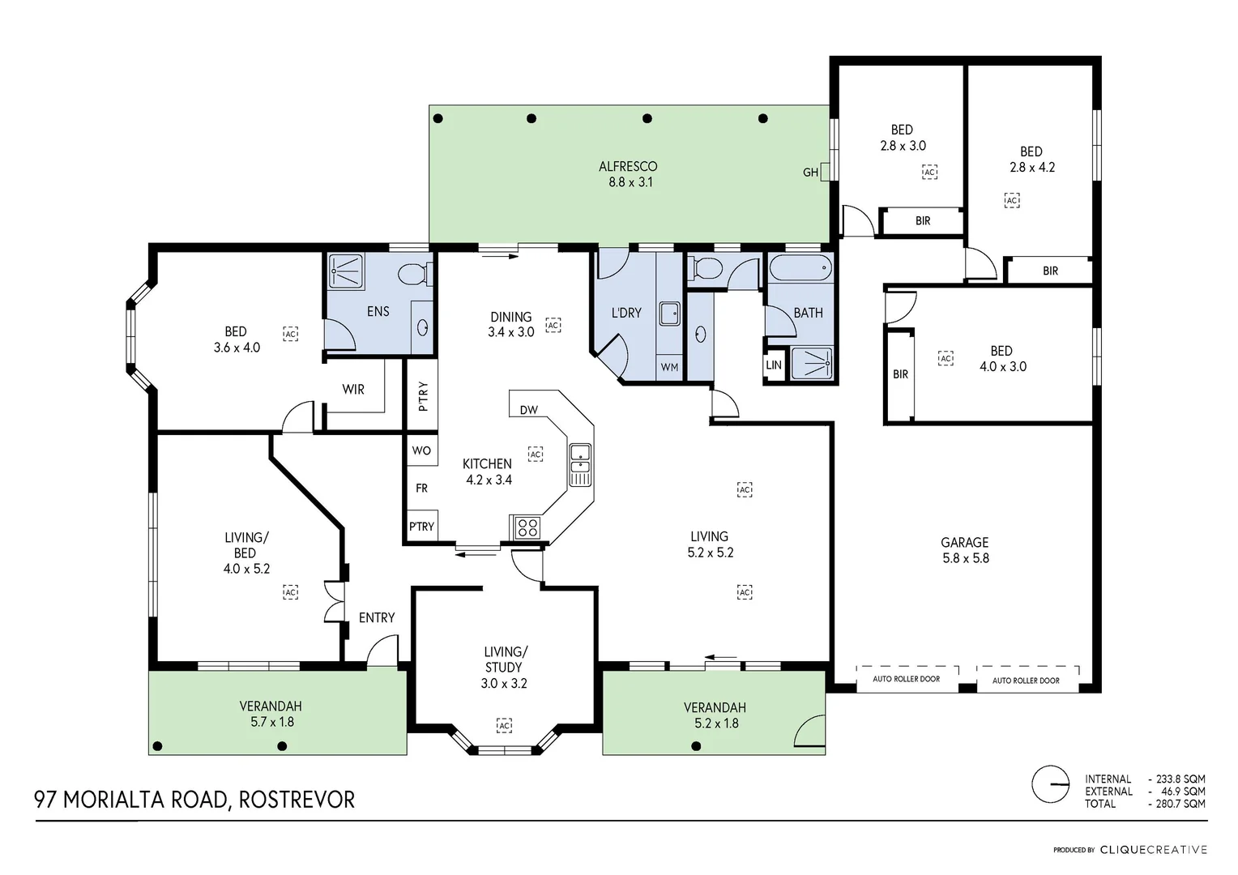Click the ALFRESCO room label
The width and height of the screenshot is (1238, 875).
coord(628,173)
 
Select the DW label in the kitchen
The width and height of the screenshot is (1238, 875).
coord(528,410)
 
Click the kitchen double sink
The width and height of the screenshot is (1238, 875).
coord(579,465)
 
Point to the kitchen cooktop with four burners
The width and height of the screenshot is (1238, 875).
coord(527,527)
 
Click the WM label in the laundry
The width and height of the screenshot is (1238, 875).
coord(669,367)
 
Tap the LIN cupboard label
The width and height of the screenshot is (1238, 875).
coord(774,365)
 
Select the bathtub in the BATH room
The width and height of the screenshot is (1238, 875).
coord(800,267)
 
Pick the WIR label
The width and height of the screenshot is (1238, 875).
coord(353,390)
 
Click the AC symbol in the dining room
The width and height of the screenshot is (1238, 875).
coord(553,325)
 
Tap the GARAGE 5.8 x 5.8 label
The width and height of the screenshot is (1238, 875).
coord(965,550)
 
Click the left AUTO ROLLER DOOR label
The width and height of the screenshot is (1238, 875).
coord(906,679)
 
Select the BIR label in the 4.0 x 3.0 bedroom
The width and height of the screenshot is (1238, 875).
coord(900,374)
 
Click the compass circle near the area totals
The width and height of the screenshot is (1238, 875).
coord(1050,784)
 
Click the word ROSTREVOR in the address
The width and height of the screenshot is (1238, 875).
coord(297,800)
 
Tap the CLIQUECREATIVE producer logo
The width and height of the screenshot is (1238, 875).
coord(1153,850)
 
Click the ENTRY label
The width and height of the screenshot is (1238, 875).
coord(377,618)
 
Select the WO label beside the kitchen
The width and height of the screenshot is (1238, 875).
coord(421,450)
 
